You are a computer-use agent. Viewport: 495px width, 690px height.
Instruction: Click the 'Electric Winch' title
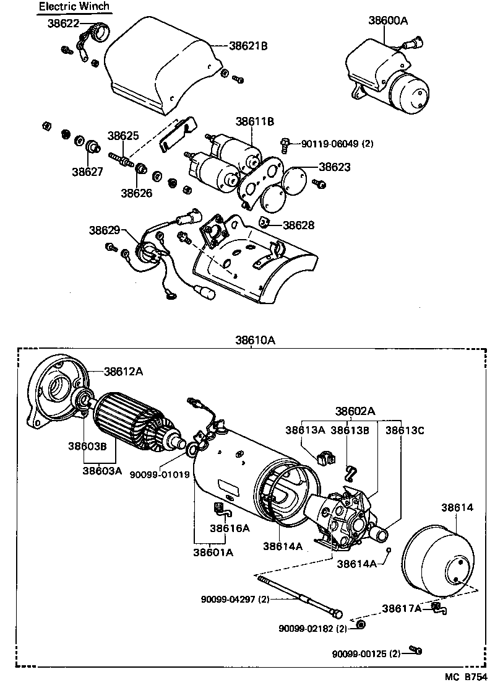point(74,7)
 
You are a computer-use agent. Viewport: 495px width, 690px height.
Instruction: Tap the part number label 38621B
point(248,45)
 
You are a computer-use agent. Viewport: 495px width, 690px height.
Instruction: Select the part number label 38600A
point(388,20)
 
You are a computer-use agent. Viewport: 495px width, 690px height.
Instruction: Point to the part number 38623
point(335,167)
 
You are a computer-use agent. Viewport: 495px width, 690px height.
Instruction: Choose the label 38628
point(298,225)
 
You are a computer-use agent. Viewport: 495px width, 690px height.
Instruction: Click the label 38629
point(104,230)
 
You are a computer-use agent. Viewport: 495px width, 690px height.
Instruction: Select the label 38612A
point(123,372)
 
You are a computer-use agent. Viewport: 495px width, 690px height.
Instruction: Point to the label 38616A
point(229,528)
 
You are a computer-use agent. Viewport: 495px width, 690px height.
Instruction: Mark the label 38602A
point(355,411)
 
